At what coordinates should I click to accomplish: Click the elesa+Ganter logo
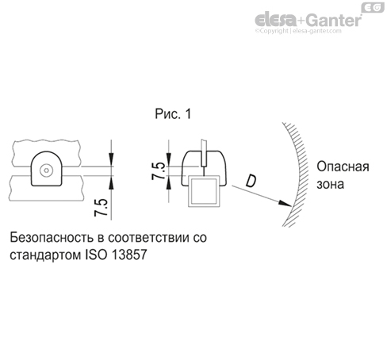(307, 19)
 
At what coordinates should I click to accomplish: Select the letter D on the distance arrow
(251, 182)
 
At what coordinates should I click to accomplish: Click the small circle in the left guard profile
(48, 169)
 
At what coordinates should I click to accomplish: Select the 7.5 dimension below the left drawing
(101, 208)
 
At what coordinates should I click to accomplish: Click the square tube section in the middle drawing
(205, 194)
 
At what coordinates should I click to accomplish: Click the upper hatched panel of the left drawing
(48, 147)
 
